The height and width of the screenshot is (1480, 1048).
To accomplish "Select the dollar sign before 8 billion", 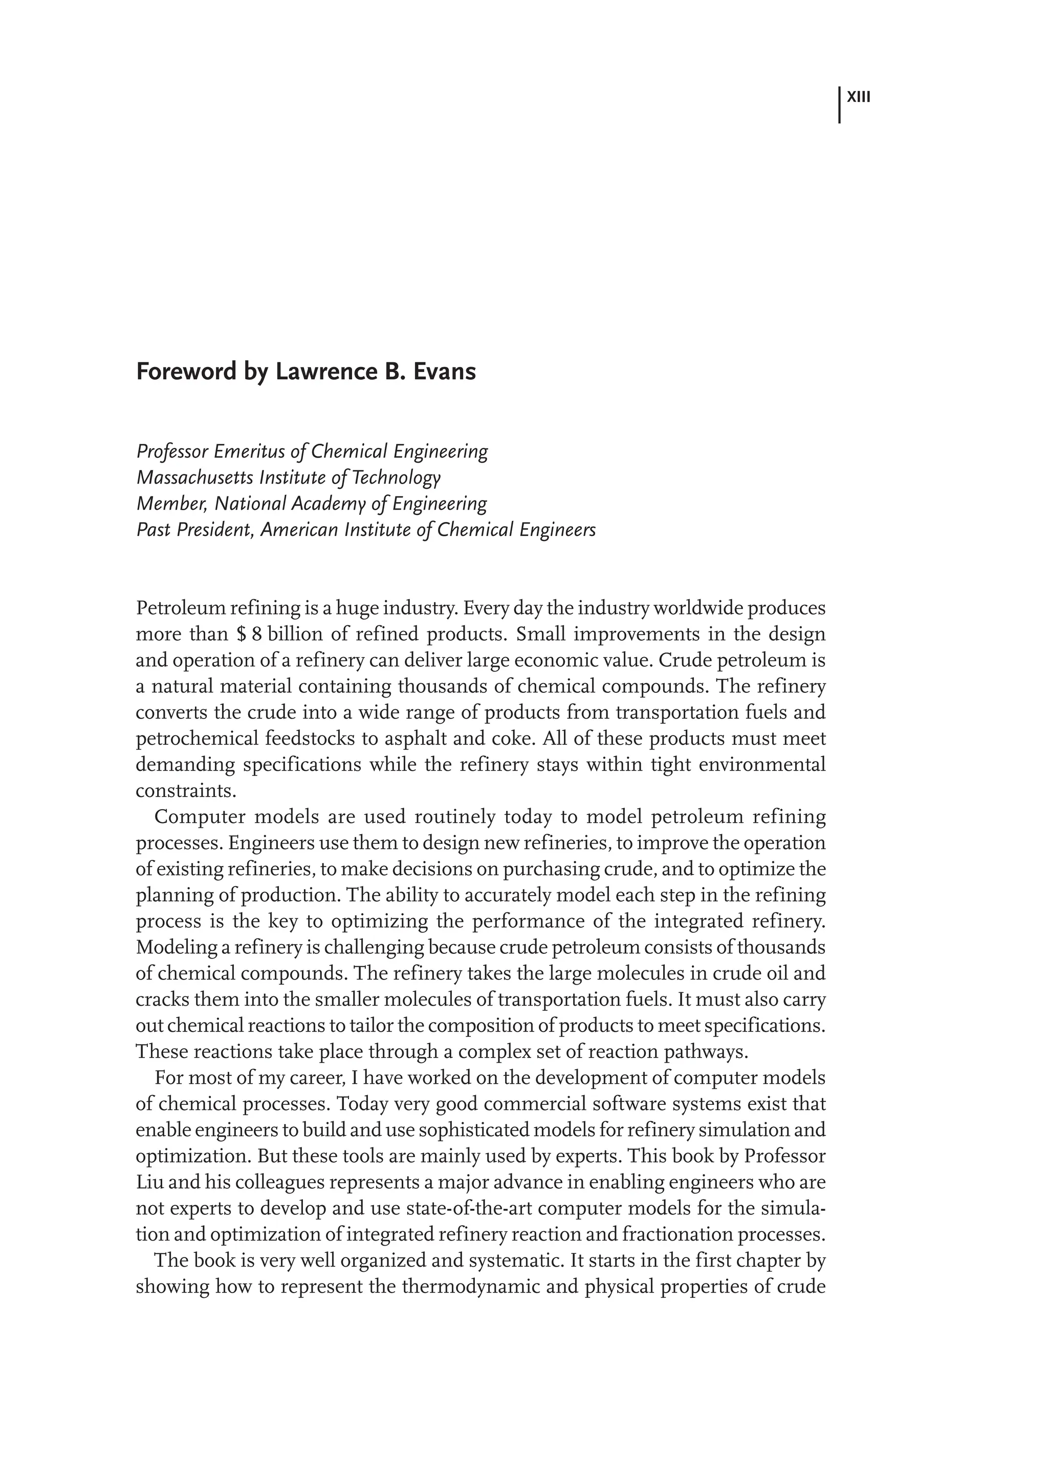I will click(242, 635).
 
